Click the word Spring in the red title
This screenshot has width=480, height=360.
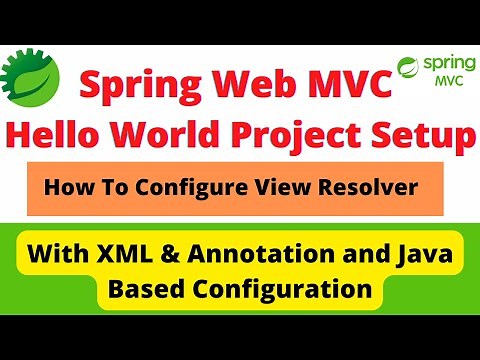coord(130,87)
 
